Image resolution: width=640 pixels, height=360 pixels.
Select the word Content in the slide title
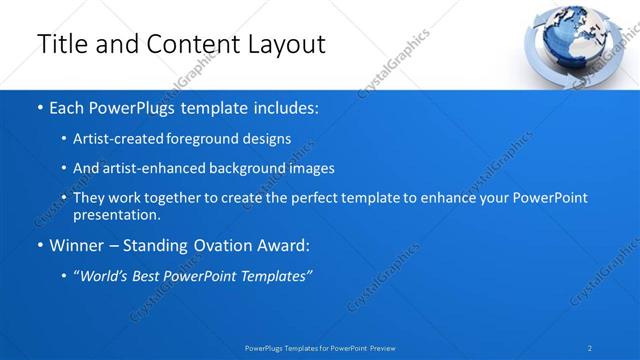(189, 44)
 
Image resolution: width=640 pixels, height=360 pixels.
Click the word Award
(282, 245)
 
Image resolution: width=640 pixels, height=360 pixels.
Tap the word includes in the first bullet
(285, 107)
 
